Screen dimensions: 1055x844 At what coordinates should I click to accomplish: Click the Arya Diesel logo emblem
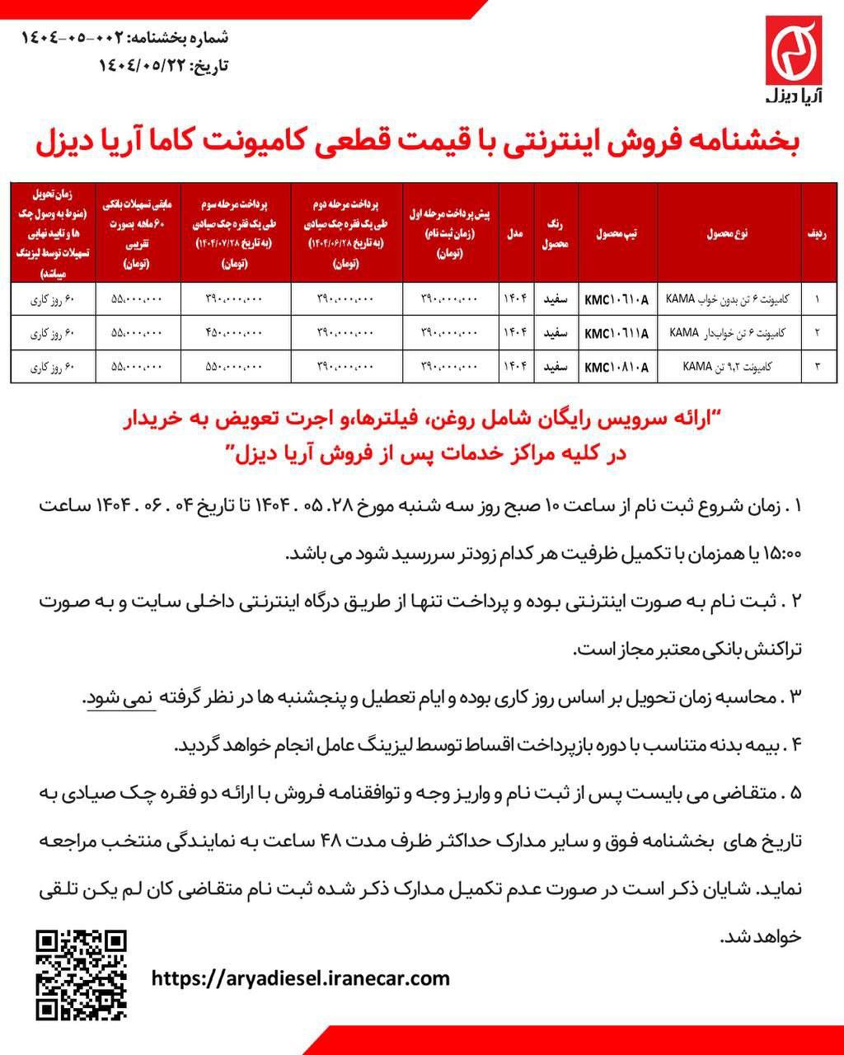[794, 51]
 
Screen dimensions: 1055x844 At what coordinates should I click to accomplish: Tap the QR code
[82, 974]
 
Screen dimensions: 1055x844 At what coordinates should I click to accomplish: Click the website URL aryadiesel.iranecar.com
[302, 978]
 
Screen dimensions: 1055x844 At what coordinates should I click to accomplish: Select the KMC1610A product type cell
[617, 300]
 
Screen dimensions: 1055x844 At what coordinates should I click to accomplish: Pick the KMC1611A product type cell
[617, 334]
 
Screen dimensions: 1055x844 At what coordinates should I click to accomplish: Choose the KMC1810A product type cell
[617, 367]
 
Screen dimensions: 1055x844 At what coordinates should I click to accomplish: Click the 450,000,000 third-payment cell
[233, 334]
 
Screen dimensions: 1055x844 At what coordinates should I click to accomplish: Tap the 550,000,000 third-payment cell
[233, 367]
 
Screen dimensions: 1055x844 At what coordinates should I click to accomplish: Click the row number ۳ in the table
[816, 367]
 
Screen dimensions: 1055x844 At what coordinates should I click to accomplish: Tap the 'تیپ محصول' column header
[617, 233]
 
